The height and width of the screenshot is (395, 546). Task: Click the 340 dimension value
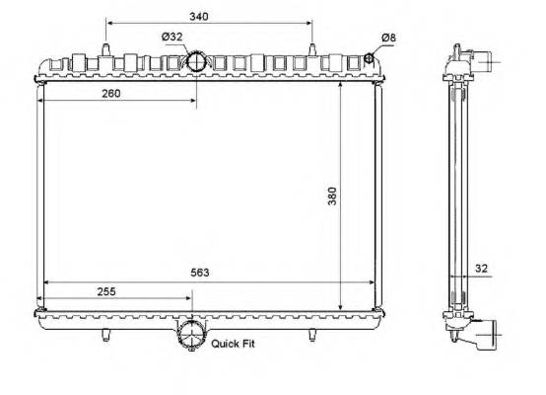click(199, 17)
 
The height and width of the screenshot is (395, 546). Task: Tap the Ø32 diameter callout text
click(172, 37)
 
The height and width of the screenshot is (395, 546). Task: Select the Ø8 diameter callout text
click(388, 38)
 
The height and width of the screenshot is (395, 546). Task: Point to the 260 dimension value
click(111, 93)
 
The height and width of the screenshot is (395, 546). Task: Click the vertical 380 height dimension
click(332, 197)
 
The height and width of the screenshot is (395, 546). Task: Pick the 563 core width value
click(200, 273)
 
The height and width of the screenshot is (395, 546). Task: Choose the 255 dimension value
click(106, 291)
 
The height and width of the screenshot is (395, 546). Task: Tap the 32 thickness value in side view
click(481, 269)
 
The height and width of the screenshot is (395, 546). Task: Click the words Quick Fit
click(233, 344)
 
